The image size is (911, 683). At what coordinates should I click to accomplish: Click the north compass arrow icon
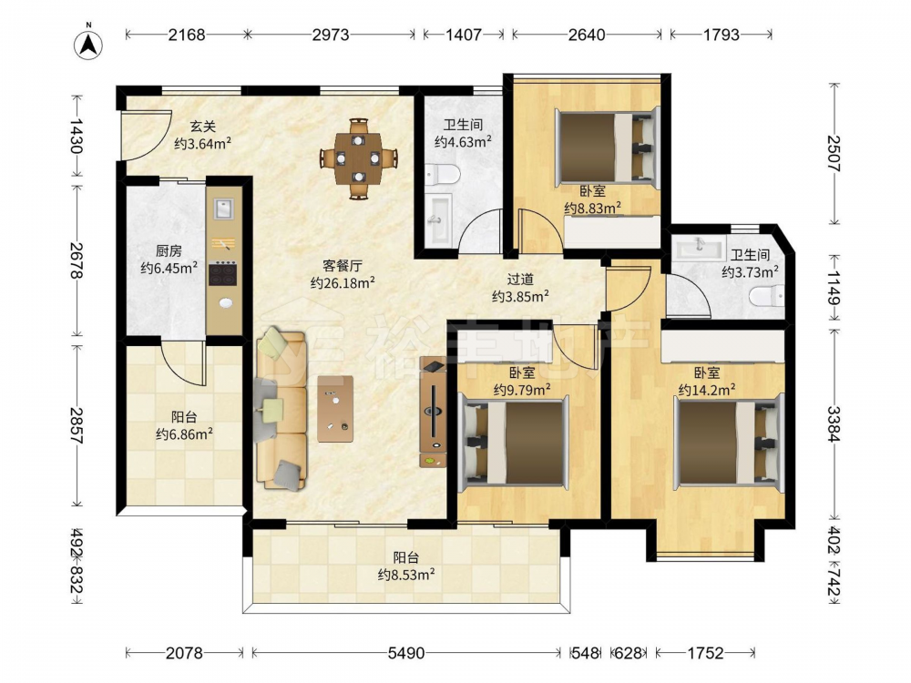point(88,44)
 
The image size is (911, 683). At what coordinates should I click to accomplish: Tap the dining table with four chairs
point(358,158)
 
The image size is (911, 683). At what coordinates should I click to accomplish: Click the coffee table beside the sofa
point(335,409)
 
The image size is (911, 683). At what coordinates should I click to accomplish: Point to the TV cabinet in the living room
point(434,413)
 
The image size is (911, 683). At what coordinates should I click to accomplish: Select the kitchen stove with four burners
point(223,273)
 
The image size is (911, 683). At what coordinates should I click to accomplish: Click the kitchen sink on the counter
point(224,208)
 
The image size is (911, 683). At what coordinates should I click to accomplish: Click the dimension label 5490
point(406,653)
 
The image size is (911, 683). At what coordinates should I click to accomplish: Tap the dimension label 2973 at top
point(331,35)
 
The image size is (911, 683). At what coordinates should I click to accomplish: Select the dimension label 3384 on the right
point(834,423)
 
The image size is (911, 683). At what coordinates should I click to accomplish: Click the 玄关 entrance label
point(203,126)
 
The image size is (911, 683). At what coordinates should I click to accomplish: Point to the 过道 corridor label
point(520,280)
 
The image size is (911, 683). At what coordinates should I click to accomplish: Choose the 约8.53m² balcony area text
point(406,575)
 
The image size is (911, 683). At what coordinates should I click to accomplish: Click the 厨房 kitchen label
point(169,251)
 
